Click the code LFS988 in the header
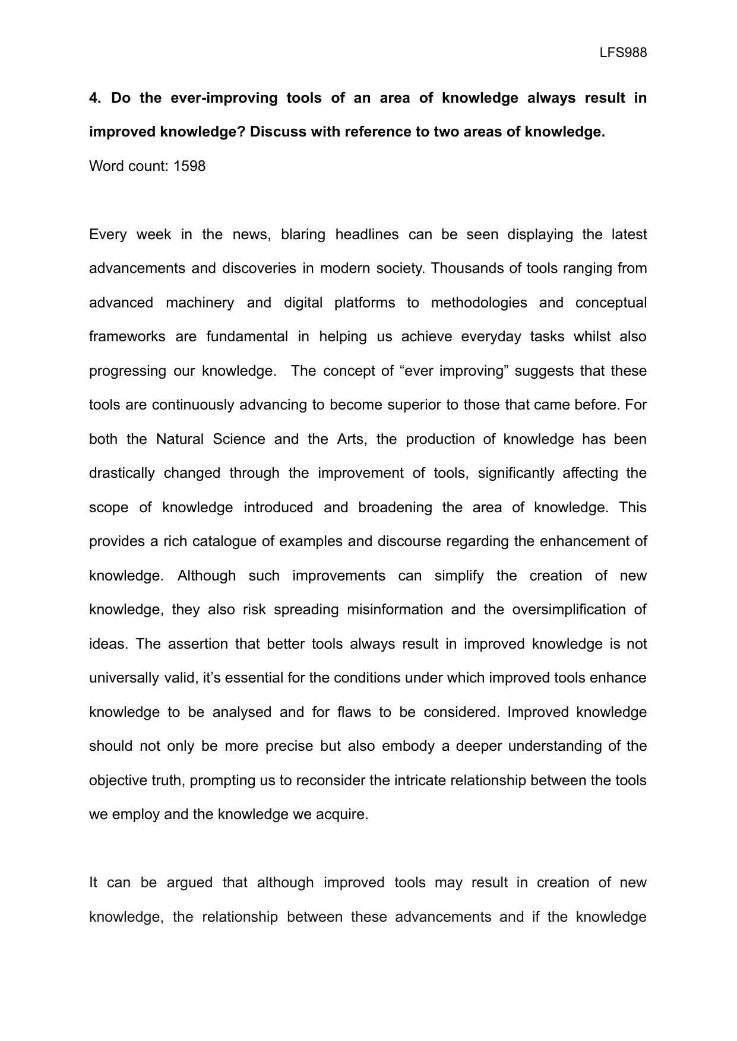(x=623, y=53)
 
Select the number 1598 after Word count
(x=189, y=166)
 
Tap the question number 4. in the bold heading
(x=95, y=98)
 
